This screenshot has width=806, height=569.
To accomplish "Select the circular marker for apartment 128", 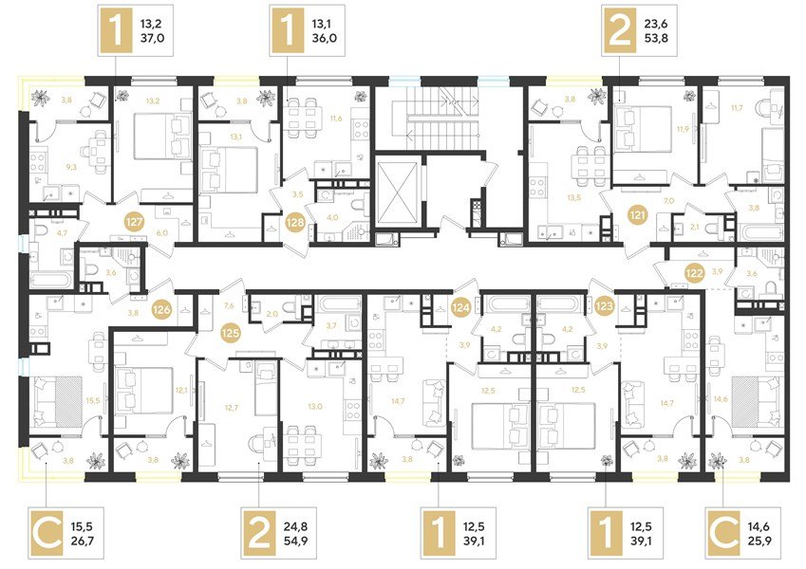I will (295, 223).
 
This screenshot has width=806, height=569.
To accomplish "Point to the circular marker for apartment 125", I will (229, 334).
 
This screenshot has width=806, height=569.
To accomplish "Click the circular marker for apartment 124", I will (461, 305).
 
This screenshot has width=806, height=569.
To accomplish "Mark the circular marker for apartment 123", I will (605, 305).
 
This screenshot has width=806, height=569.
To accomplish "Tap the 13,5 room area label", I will (572, 198).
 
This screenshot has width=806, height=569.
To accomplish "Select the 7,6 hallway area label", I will (229, 306).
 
